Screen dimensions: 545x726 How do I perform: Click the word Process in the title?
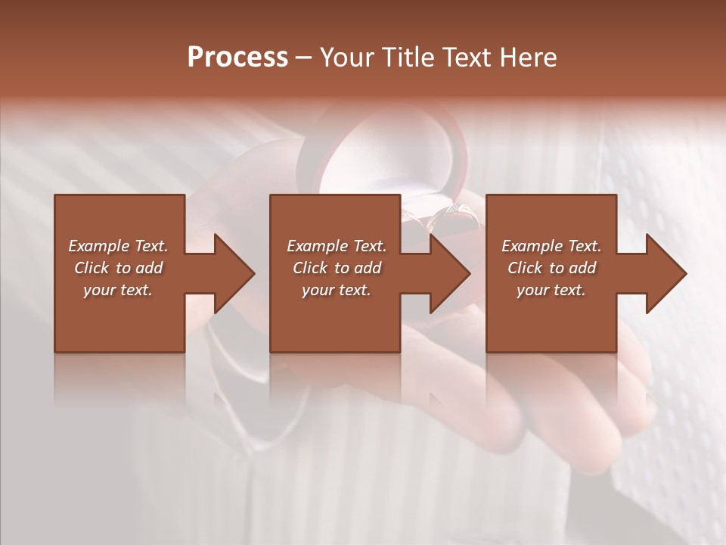point(237,58)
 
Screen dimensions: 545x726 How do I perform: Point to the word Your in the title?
point(347,58)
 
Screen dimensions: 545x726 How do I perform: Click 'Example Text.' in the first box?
point(118,246)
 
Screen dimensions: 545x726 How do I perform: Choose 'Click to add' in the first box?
point(118,268)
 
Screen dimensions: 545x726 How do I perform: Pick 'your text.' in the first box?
point(118,290)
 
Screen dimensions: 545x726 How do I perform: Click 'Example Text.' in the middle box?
point(337,246)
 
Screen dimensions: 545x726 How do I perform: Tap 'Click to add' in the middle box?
point(337,268)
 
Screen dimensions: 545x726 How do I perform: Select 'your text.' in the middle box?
point(337,290)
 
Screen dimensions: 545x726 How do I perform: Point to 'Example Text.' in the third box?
point(551,246)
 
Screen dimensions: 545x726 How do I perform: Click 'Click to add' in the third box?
point(551,268)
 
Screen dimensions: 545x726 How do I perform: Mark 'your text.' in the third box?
point(551,290)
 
